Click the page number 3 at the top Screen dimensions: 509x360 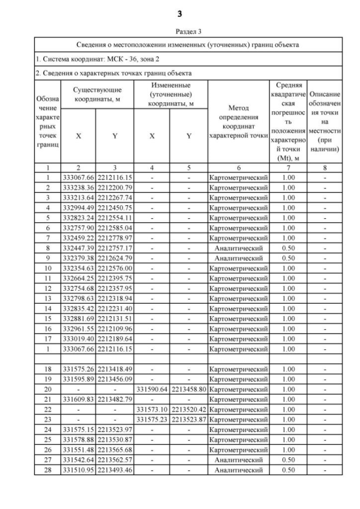pyautogui.click(x=181, y=12)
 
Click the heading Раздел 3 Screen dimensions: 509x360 pyautogui.click(x=181, y=31)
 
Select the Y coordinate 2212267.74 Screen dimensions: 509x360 pyautogui.click(x=115, y=198)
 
